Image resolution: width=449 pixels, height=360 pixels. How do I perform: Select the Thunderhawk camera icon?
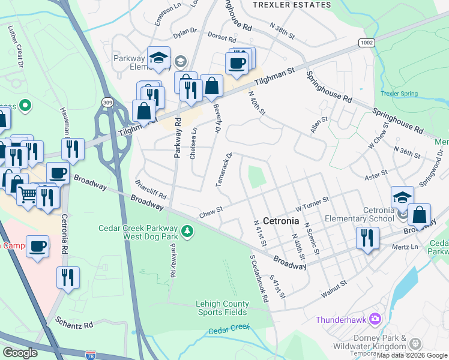click(x=375, y=318)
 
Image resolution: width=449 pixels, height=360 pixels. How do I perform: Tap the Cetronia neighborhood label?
click(x=281, y=221)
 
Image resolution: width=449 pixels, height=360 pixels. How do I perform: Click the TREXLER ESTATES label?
click(x=292, y=5)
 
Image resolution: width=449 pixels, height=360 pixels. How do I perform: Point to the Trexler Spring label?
click(x=398, y=94)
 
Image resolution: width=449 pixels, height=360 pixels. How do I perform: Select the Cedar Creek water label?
click(x=229, y=329)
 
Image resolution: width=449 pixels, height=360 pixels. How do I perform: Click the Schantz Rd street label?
click(x=72, y=325)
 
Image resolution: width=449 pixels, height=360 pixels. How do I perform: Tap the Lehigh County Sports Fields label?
click(x=221, y=308)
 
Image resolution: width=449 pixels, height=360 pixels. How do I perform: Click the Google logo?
click(x=20, y=352)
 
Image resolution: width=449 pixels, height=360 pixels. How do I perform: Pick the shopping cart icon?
click(x=28, y=194)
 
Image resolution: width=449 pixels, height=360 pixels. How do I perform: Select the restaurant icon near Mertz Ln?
click(x=366, y=237)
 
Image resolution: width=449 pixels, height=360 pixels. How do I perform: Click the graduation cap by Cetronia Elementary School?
click(x=402, y=196)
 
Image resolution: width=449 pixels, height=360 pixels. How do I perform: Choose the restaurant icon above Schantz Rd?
click(x=68, y=277)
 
